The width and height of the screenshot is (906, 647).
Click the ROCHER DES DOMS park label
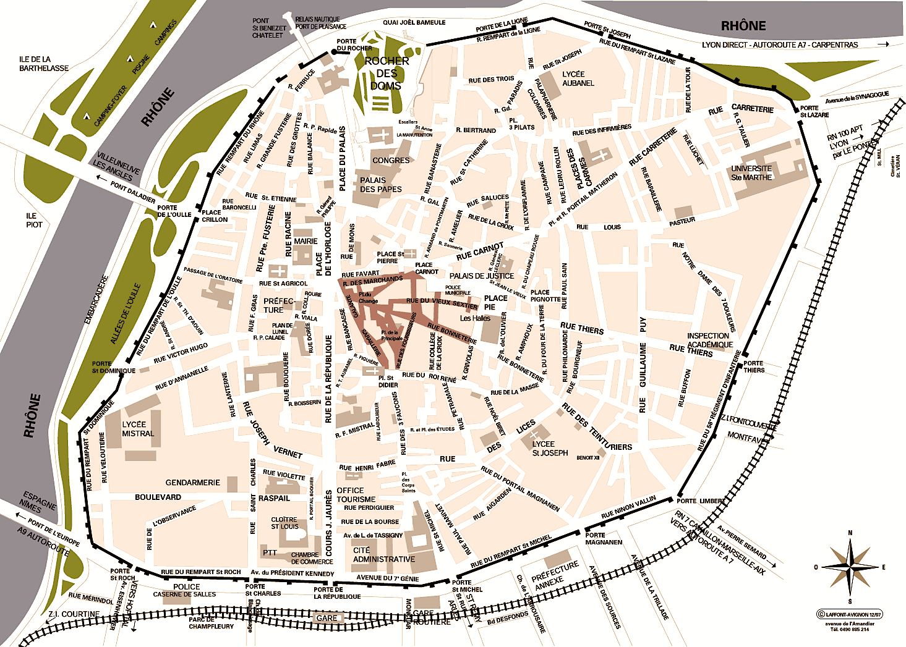(x=387, y=74)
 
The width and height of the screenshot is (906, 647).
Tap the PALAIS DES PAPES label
(x=381, y=185)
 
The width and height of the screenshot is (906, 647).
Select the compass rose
(x=850, y=566)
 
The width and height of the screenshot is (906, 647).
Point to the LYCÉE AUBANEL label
(x=578, y=78)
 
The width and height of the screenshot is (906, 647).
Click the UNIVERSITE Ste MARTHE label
(x=751, y=173)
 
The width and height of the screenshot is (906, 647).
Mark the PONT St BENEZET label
(x=268, y=28)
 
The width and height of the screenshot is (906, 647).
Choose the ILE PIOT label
(x=34, y=221)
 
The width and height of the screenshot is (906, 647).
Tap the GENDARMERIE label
(x=192, y=483)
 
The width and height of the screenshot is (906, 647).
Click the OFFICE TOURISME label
(x=356, y=495)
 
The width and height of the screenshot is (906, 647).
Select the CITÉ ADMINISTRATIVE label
(x=383, y=555)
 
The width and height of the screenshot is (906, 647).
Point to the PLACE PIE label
(x=495, y=302)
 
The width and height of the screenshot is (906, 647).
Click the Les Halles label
(x=475, y=318)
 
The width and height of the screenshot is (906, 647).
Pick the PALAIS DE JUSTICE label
(x=481, y=276)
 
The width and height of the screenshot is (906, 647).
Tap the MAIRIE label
(x=306, y=242)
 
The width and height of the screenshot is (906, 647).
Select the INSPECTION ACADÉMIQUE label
(x=709, y=340)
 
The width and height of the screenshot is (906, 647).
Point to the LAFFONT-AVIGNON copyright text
(x=850, y=614)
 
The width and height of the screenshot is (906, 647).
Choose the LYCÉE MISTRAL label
(x=138, y=429)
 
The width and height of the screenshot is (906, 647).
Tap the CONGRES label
(x=391, y=161)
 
